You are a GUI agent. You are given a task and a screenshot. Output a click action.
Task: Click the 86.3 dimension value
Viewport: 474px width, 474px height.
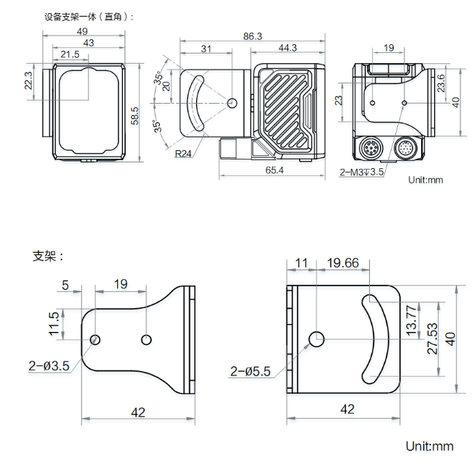pos(253,36)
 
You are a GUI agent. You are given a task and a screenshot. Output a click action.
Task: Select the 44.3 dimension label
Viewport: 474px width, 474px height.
pos(287,48)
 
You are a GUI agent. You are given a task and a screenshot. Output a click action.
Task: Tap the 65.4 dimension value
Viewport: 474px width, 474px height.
pos(274,170)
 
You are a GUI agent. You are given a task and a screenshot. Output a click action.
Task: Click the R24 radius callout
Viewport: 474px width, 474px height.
pos(184,153)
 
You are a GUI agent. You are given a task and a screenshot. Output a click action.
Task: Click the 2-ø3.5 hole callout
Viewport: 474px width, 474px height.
pos(49,366)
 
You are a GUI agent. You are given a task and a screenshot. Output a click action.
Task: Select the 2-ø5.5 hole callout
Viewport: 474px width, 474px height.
pos(250,372)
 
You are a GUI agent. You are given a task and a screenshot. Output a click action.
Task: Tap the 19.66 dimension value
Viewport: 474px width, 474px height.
pos(343,263)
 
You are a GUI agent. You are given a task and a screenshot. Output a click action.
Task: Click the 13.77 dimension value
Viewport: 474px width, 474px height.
pos(412,320)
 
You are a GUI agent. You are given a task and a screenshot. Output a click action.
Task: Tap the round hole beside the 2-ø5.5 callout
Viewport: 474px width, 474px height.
pos(316,338)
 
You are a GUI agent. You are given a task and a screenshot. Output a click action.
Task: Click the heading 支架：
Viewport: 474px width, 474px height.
pos(48,256)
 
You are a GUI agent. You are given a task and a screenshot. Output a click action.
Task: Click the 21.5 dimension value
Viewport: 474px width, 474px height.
pos(70,55)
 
